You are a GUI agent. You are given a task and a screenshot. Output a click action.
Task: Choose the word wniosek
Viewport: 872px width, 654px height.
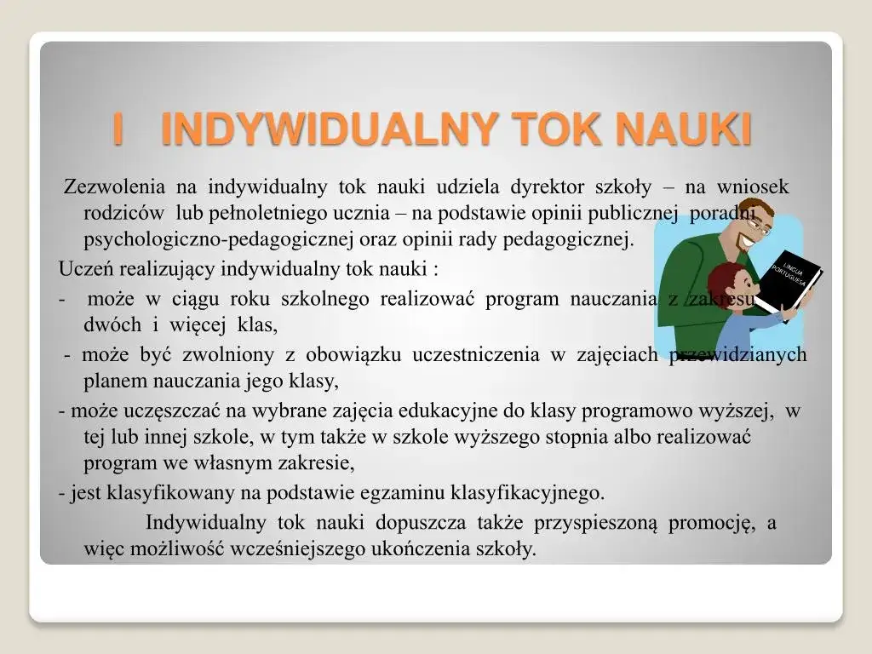coord(752,187)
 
